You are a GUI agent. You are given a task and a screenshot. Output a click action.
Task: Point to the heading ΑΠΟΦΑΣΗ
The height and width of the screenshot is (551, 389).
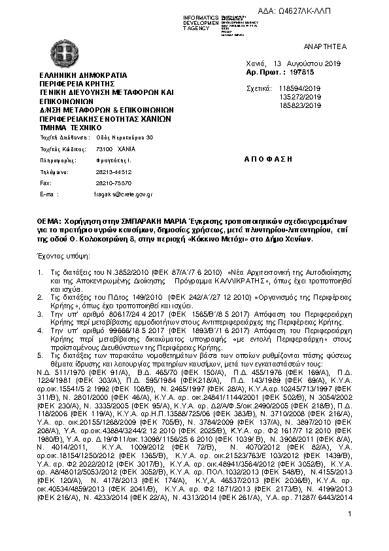(x=267, y=160)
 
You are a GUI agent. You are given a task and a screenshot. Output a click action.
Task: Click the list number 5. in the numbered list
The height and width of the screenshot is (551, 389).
(x=40, y=355)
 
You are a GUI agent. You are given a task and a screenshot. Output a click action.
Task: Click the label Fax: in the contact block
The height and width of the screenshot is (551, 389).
(x=45, y=183)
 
